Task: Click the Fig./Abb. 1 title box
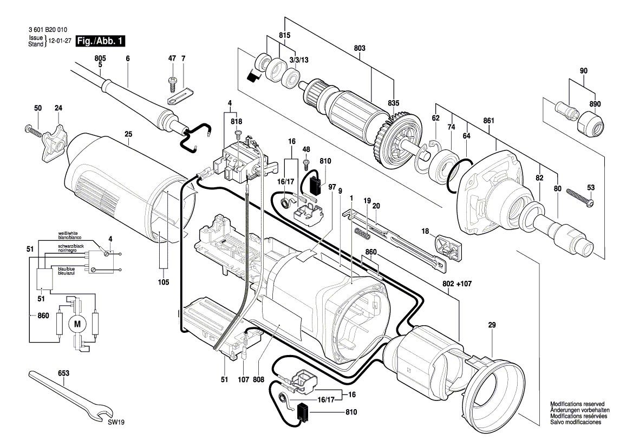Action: tap(101, 41)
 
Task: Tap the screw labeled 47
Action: tap(173, 83)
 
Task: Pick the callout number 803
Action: tap(360, 48)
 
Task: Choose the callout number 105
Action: tap(164, 282)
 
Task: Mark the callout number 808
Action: tap(258, 379)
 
